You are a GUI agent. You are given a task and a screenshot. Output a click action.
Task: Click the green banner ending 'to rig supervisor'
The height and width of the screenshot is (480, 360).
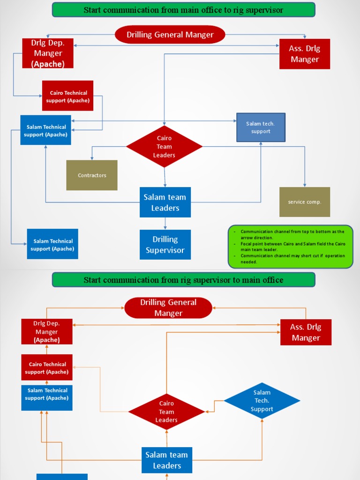183,10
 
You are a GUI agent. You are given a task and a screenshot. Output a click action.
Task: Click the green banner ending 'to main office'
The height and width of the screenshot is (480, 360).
183,280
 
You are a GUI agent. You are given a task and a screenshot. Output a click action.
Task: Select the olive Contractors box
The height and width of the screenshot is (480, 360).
92,175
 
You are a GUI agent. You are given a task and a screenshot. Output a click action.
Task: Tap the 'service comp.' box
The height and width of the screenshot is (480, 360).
305,202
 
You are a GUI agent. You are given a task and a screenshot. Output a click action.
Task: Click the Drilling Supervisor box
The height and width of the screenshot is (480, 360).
165,245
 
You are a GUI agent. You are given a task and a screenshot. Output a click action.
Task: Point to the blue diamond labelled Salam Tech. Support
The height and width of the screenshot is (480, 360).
262,401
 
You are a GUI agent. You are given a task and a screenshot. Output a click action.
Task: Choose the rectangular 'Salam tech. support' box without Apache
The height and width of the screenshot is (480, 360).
261,127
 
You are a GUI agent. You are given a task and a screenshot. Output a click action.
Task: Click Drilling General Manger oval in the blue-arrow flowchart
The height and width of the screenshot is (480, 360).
170,35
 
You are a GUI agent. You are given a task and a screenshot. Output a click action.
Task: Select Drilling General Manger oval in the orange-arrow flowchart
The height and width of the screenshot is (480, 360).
168,308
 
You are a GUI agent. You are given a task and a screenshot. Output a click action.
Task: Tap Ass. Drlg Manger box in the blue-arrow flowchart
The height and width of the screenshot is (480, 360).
305,54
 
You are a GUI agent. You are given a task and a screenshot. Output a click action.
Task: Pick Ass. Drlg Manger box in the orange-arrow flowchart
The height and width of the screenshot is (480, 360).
306,332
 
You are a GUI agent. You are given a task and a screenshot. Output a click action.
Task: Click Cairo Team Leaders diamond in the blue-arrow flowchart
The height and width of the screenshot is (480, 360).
164,147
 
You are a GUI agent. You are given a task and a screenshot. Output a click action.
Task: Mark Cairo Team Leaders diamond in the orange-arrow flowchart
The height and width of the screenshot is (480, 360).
166,412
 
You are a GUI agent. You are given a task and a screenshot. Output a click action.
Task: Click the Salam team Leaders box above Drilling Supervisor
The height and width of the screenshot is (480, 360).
165,202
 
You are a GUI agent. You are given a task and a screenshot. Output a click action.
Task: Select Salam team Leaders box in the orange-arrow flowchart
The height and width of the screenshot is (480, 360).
167,460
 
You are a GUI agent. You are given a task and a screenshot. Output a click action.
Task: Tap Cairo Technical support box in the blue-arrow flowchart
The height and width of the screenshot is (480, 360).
68,96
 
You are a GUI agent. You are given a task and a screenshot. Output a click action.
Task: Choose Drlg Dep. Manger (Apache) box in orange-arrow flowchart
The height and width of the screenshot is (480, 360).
47,332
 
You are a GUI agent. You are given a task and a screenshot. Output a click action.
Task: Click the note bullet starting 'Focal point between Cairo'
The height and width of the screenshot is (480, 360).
292,247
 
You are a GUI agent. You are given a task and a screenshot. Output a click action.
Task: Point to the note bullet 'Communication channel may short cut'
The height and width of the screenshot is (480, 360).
292,259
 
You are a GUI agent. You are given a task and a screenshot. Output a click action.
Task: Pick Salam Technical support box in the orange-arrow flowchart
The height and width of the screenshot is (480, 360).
47,394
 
